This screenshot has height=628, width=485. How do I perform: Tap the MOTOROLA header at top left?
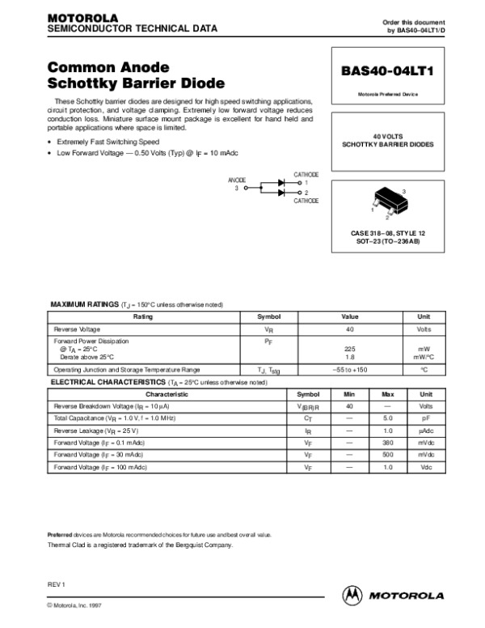(83, 17)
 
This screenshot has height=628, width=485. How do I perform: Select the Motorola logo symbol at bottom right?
(353, 595)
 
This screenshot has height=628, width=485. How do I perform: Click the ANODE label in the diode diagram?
(237, 180)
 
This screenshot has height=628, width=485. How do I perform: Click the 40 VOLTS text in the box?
(387, 136)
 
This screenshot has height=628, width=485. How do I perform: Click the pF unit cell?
(426, 418)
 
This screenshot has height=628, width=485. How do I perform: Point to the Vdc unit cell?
(426, 468)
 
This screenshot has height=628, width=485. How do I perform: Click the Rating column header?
(142, 317)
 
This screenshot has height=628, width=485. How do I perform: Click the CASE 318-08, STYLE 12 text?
(387, 233)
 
